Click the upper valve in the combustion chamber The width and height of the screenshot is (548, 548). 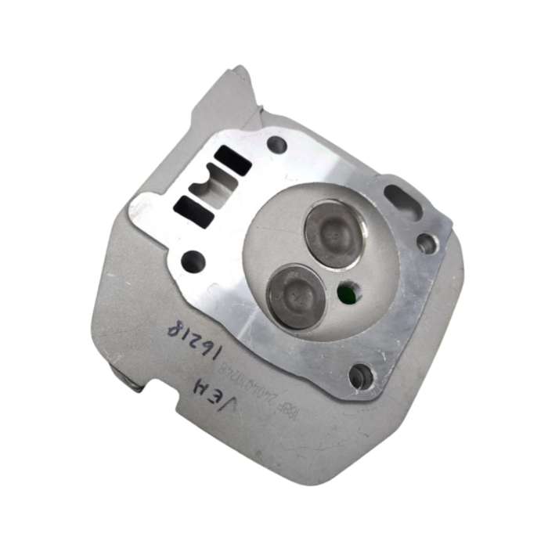333,232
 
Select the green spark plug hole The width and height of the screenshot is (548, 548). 346,293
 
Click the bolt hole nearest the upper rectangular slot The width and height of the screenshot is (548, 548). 276,144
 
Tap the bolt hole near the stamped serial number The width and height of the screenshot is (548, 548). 359,377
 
